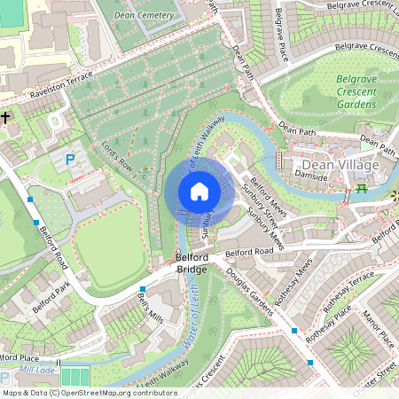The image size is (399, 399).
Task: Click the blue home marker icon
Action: point(199,191)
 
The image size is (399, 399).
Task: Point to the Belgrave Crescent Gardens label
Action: point(356,91)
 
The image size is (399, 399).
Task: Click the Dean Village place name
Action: point(340,166)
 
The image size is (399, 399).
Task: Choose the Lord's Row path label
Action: point(116,153)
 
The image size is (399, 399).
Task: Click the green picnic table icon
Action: point(361,189)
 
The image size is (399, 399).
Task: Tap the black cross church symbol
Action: point(5,117)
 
